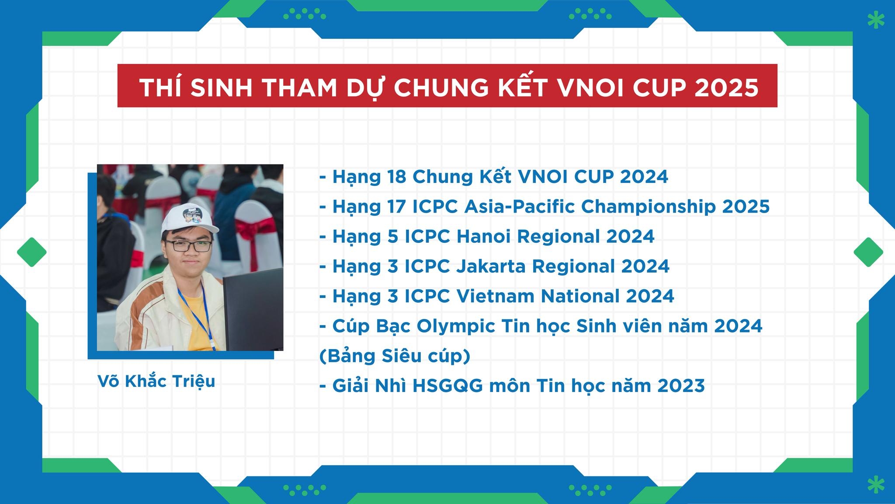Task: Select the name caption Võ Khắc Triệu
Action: pos(156,381)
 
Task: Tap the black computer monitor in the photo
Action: pos(253,309)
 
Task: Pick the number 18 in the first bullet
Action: pos(397,177)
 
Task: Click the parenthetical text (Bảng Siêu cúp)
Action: pos(395,356)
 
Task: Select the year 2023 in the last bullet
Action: pos(681,386)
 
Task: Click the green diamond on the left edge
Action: pos(32,252)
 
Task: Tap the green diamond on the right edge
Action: pos(868,252)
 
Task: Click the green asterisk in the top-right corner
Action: pos(875,20)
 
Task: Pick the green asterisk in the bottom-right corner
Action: pos(875,485)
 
